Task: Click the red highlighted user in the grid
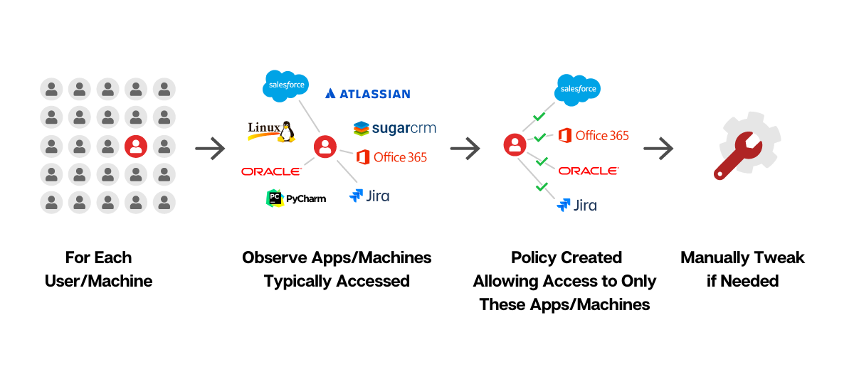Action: point(136,147)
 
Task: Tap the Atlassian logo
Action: point(367,94)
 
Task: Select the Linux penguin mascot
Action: point(286,132)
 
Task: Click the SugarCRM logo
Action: point(394,129)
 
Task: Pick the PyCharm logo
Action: point(296,198)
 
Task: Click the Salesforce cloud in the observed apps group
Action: point(285,86)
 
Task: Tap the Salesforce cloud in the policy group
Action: point(577,90)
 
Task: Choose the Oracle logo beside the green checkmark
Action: point(589,171)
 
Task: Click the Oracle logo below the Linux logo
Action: point(271,171)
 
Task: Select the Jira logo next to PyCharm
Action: point(369,196)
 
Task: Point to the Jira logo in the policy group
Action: point(577,205)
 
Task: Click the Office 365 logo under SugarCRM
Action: point(391,157)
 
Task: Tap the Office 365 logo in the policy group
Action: point(594,135)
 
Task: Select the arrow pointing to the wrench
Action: point(658,148)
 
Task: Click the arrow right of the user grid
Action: point(210,148)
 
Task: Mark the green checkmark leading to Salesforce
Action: point(539,116)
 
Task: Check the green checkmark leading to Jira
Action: point(542,187)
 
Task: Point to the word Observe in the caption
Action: point(275,257)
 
